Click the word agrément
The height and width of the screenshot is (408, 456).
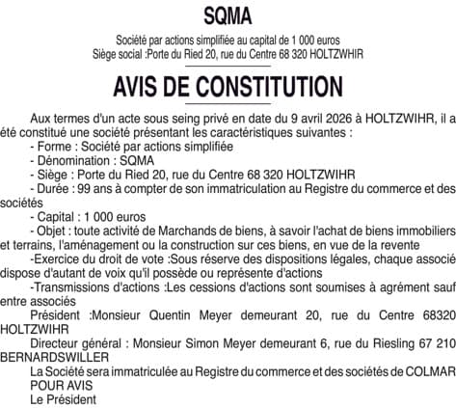[397, 287]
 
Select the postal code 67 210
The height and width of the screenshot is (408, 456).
[435, 343]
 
